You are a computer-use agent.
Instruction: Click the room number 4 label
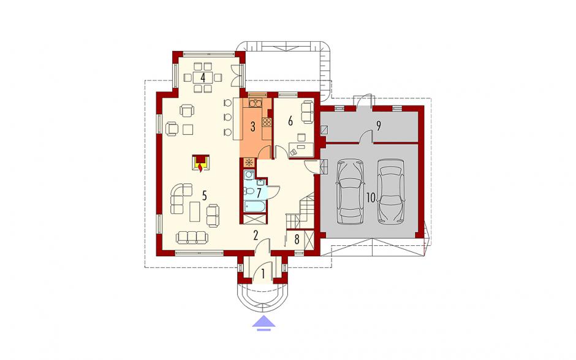[203, 78]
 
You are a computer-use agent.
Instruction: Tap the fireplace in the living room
[200, 163]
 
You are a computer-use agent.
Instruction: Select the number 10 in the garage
[371, 198]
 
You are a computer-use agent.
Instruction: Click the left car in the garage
[351, 191]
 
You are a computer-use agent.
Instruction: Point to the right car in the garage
[391, 191]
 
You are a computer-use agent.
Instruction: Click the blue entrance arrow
[263, 323]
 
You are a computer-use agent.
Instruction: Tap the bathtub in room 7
[253, 207]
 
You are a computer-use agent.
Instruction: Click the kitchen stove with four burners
[267, 121]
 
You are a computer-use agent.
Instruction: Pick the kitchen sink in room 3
[255, 102]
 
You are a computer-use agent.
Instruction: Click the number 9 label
[378, 126]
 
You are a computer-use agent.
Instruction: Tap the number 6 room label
[290, 121]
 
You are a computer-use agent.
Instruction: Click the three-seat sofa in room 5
[192, 237]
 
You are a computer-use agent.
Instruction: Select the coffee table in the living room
[195, 212]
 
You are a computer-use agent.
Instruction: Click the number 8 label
[297, 239]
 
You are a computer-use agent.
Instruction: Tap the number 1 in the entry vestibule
[263, 274]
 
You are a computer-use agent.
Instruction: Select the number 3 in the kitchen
[252, 127]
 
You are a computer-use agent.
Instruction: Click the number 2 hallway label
[256, 236]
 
